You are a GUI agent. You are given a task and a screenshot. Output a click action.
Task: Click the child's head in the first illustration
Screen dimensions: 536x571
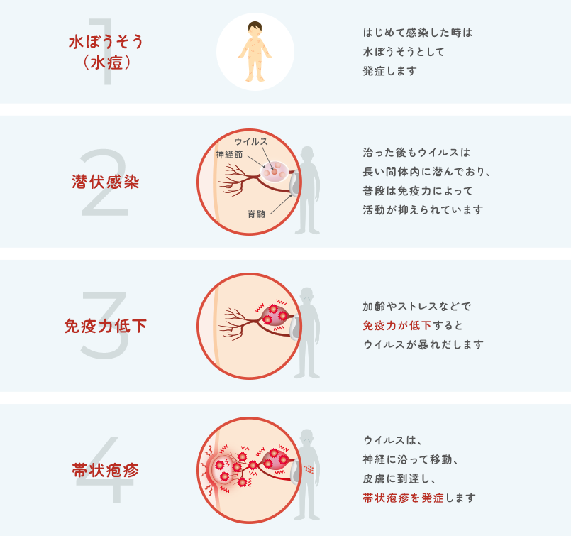point(255,31)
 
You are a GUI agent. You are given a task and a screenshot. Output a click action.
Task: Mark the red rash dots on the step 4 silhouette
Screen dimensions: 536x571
point(308,469)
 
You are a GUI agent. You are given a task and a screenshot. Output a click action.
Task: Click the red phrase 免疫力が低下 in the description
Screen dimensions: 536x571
point(393,326)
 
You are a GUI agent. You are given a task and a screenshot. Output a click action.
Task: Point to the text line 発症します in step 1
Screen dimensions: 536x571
point(389,71)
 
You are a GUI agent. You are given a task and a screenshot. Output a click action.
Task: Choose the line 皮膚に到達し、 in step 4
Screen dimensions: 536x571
point(397,478)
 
